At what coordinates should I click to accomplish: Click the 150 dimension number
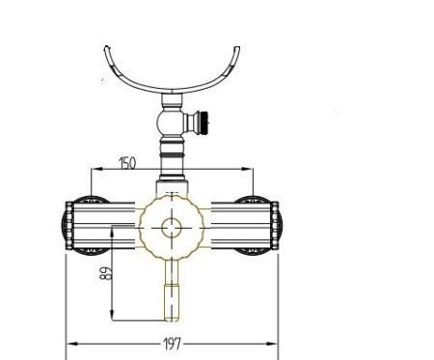tap(127, 163)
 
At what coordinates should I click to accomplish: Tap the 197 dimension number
tap(173, 344)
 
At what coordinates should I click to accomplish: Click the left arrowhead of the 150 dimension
tap(96, 169)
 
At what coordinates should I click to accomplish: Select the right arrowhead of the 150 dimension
tap(248, 169)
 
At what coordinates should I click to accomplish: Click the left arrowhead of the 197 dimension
tap(71, 344)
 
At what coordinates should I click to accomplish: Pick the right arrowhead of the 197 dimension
tap(272, 344)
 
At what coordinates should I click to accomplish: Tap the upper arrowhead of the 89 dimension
tap(112, 233)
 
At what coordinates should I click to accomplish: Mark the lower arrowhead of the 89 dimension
tap(112, 315)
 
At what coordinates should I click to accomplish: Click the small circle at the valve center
tap(172, 228)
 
